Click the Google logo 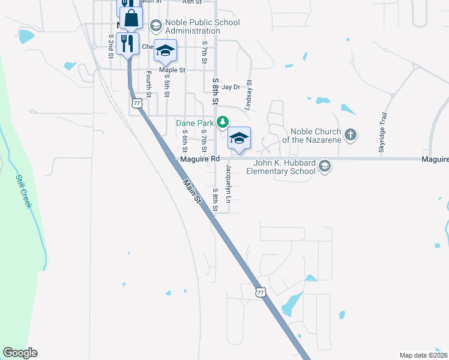click(x=20, y=353)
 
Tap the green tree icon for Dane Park click(x=223, y=122)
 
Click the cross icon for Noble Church click(x=351, y=135)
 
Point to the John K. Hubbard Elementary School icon click(x=325, y=166)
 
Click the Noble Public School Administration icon click(x=156, y=25)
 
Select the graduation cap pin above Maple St click(x=165, y=51)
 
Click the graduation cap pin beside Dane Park click(x=239, y=139)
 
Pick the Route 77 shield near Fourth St click(x=137, y=104)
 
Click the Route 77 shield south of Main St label click(x=260, y=292)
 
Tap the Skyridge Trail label click(x=381, y=133)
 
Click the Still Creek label click(x=24, y=192)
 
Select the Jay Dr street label click(x=231, y=87)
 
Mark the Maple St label click(x=172, y=70)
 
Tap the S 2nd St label click(x=111, y=46)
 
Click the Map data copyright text click(x=424, y=355)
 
